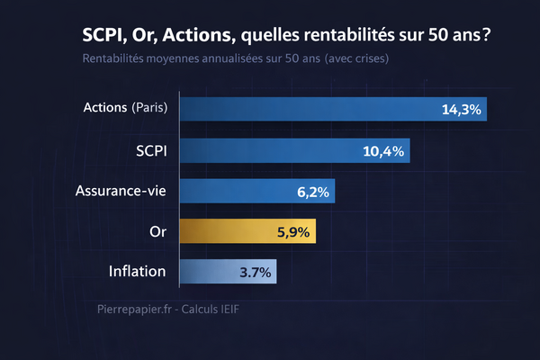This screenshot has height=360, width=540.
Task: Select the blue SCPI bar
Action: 295,150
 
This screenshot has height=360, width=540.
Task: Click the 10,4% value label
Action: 382,150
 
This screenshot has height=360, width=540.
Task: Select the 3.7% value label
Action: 256,271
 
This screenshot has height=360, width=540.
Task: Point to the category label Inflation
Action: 137,270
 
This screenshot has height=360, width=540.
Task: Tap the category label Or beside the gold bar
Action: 158,231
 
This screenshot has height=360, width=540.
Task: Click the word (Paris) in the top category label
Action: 149,108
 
